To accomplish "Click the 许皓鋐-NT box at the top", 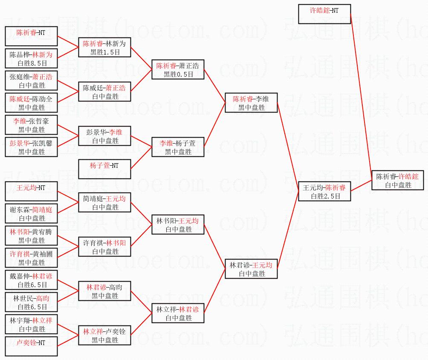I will coord(324,14).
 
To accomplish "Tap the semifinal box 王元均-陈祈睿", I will coord(324,191).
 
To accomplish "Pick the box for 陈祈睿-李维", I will coord(251,103).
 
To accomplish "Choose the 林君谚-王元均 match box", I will coord(251,269).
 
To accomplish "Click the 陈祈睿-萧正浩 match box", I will coord(178,69).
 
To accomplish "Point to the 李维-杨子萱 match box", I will coord(178,147).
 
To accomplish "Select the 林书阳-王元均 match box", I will coord(178,225).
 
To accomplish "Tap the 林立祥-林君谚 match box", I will coord(178,313).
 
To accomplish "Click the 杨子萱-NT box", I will coord(104,169).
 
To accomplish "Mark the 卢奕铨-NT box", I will coord(31,346).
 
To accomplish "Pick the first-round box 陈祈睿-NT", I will coord(31,36).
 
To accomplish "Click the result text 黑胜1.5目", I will coord(104,52).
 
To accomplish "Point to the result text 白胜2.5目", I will coord(324,196).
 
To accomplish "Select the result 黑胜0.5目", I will coord(178,74).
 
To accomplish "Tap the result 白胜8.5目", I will coord(31,63).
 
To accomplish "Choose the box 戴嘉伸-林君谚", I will coord(31,280).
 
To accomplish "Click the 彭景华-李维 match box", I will coord(104,136).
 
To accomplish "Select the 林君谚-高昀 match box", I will coord(104,291).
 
